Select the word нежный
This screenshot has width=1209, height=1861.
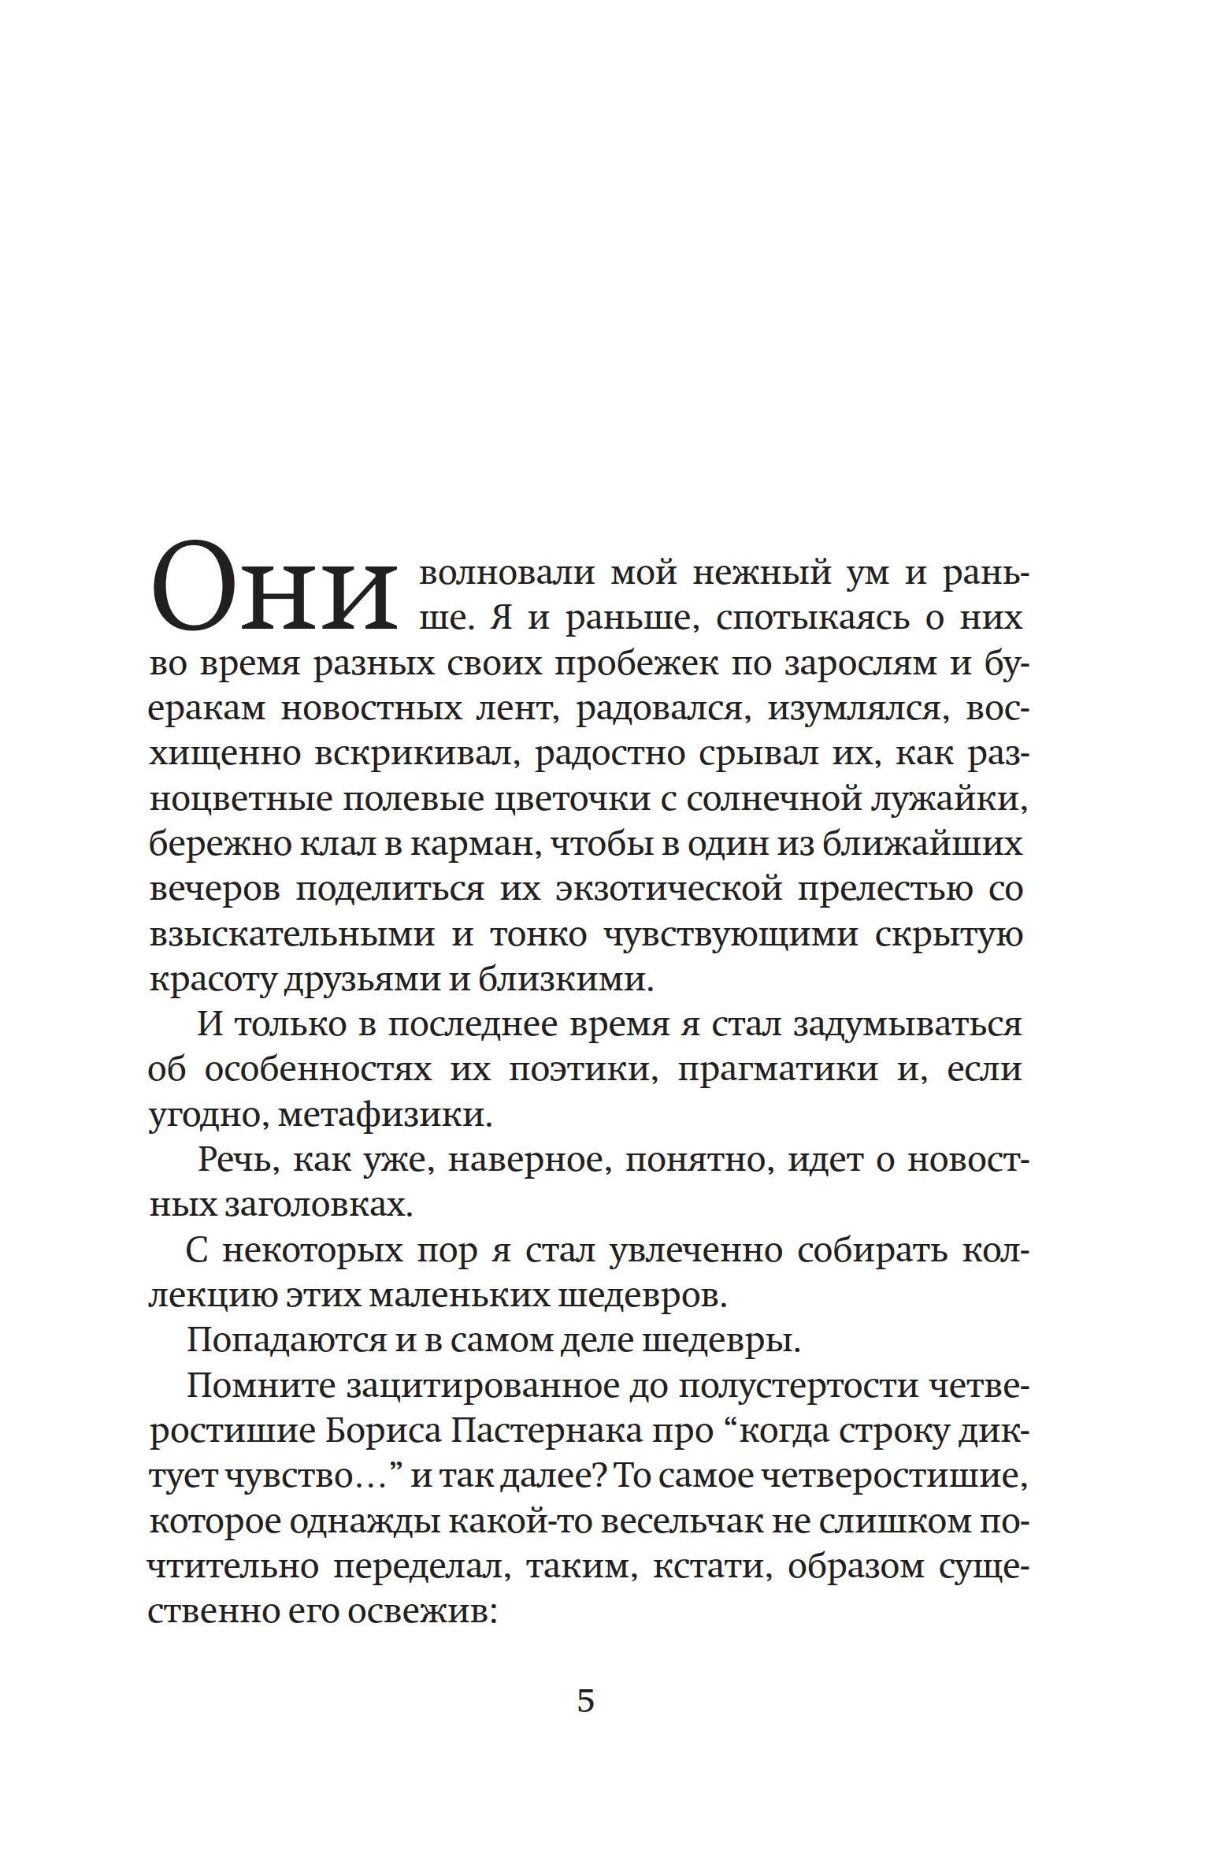tap(762, 573)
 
